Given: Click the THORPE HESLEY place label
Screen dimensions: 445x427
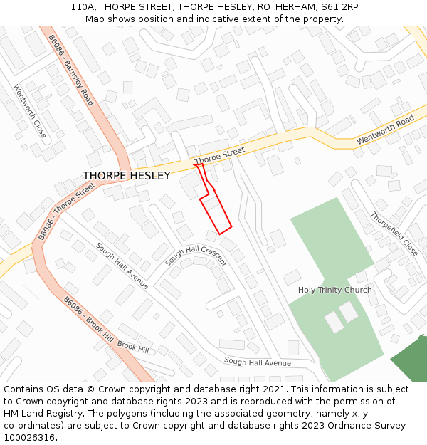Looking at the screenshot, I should tap(127, 176).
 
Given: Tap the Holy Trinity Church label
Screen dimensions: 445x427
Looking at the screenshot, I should tap(334, 290).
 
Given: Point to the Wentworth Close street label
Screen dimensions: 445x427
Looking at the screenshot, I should tap(30, 111).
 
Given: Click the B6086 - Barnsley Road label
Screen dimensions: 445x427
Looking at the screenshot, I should tap(71, 70).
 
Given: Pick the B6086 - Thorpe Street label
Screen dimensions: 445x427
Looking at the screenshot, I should tap(64, 211).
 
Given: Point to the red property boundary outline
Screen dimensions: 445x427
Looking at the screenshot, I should tap(216, 206).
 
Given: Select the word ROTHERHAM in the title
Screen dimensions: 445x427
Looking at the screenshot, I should tap(283, 7).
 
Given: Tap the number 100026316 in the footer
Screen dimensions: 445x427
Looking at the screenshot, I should tap(29, 438).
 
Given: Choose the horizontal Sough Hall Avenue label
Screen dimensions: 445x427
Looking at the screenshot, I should tap(258, 362).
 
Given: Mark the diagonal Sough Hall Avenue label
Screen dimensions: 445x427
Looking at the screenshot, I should tap(122, 266).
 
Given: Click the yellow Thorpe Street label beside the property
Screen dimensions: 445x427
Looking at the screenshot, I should tap(219, 155).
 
